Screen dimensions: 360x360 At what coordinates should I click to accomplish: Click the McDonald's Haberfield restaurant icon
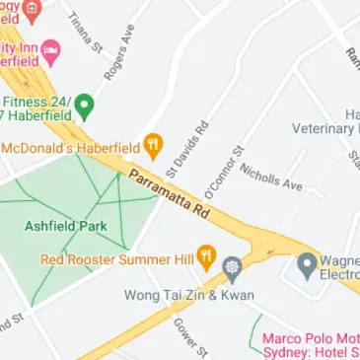pos(153,148)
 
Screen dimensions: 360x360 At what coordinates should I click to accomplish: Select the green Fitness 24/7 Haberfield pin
pos(85,106)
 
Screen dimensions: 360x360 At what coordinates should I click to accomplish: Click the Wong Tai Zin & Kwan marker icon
pos(233,265)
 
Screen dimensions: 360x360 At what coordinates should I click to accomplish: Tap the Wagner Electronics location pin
pos(308,264)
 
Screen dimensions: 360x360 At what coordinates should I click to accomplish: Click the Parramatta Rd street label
pos(169,193)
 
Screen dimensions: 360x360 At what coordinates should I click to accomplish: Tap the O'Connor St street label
pos(223,169)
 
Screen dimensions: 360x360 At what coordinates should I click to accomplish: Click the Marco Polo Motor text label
pos(311,338)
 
